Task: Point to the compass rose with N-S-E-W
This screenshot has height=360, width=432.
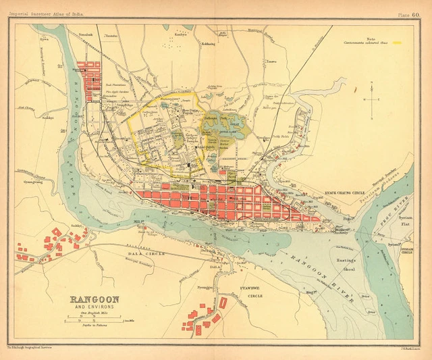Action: [371, 99]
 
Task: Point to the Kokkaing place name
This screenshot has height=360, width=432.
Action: [208, 43]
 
